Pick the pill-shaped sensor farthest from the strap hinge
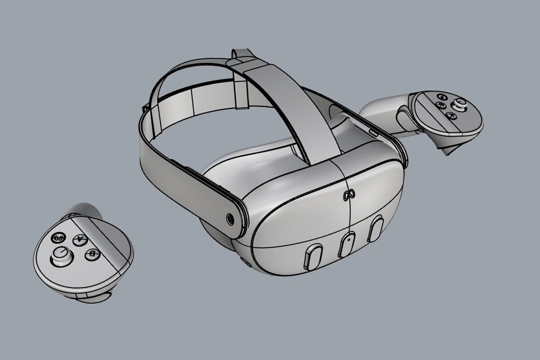[376, 224]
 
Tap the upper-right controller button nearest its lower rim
[452, 115]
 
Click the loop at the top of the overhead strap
[241, 54]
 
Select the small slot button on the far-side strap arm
[374, 132]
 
